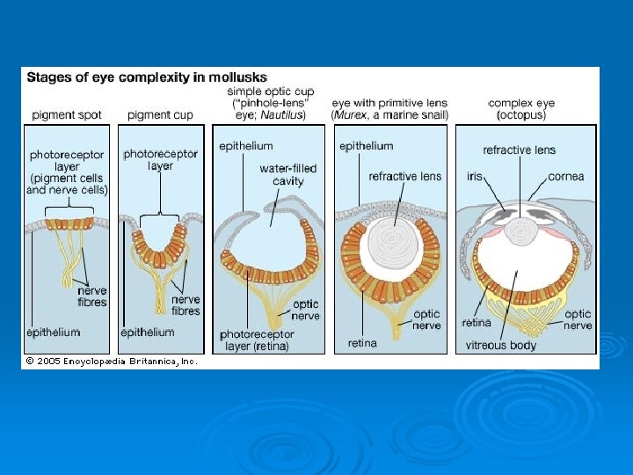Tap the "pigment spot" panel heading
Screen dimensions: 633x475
[66, 114]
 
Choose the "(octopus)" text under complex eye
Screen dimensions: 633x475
[522, 114]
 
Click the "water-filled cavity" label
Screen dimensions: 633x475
[288, 174]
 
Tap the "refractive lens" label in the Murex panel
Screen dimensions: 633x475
[405, 176]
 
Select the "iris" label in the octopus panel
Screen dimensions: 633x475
[475, 176]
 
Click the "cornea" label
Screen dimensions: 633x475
[565, 176]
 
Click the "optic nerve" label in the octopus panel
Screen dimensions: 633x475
[578, 318]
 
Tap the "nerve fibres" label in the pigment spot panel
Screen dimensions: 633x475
[92, 296]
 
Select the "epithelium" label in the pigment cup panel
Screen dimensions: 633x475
[147, 332]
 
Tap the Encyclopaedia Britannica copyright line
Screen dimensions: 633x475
[112, 361]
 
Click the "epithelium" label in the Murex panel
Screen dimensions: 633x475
[366, 146]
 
